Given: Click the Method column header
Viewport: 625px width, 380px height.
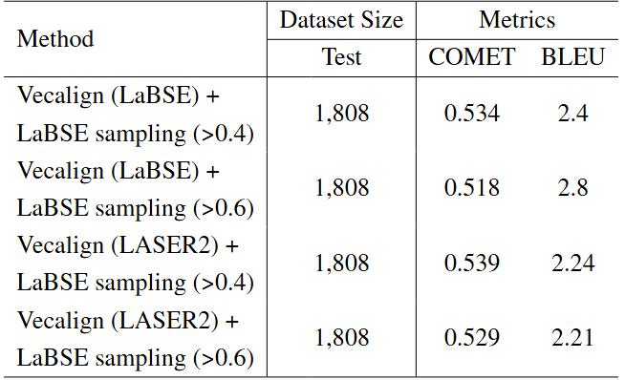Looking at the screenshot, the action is coord(55,38).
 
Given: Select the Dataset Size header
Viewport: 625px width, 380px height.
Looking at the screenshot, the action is coord(341,20).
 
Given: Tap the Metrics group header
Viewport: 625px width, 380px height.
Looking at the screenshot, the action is coord(517,20).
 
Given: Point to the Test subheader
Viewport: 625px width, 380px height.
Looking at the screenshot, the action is coord(341,56).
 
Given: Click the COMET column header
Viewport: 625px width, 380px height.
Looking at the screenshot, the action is coord(472,56).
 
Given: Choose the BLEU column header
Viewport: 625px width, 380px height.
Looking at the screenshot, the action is coord(573,56).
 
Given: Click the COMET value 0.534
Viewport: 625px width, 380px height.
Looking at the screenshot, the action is coord(472,113).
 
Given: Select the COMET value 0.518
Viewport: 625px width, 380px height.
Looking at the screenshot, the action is coord(472,187).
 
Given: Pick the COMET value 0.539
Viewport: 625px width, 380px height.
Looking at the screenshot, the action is coord(472,263).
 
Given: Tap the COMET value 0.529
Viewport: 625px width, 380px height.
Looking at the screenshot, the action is coord(472,337).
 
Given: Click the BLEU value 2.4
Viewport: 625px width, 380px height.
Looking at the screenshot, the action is coord(572,113).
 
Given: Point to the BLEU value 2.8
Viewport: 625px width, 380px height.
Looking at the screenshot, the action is coord(572,187).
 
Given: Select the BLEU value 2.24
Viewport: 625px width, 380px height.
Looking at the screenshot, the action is coord(572,263).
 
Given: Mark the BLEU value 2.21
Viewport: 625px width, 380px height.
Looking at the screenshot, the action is coord(572,337).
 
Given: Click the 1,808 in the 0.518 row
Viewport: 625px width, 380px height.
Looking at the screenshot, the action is coord(341,188).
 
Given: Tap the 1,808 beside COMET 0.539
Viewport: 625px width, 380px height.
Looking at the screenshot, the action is coord(341,264).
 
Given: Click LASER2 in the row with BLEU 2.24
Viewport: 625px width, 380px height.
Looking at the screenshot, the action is coord(168,245).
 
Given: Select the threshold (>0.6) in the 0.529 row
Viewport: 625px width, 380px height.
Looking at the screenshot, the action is coord(224,358).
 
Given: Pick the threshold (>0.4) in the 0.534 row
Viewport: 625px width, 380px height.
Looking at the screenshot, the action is coord(224,134).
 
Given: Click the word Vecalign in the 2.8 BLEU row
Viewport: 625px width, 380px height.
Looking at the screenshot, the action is coord(60,171).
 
